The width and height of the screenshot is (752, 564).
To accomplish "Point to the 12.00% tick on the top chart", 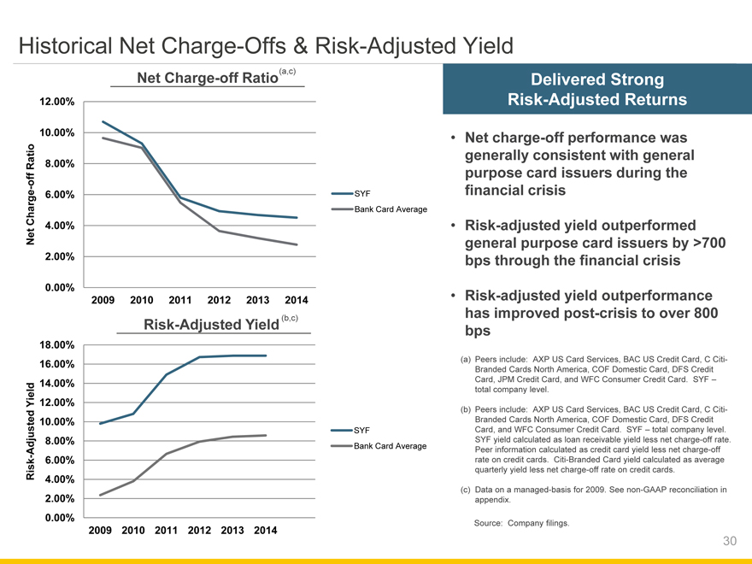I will coord(56,103).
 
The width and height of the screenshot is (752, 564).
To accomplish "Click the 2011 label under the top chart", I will coord(179,300).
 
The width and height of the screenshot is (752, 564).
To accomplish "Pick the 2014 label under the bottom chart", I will coord(261,531).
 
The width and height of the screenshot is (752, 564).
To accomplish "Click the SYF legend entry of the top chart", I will coord(361,193).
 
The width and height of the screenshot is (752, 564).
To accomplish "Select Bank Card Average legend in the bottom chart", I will coord(390,446).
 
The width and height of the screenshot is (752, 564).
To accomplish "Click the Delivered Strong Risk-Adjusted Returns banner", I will coord(596,90).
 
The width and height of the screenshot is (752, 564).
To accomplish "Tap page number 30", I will coord(729,540).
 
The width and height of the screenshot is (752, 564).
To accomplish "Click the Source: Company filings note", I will coord(520,523).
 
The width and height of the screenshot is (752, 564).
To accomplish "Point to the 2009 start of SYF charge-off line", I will coord(103,121).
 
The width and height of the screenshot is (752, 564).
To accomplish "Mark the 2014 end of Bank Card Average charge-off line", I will coord(297,244).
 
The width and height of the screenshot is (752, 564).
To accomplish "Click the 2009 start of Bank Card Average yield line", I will coord(100,496).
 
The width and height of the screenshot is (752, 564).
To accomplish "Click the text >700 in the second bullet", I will coord(708,244).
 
